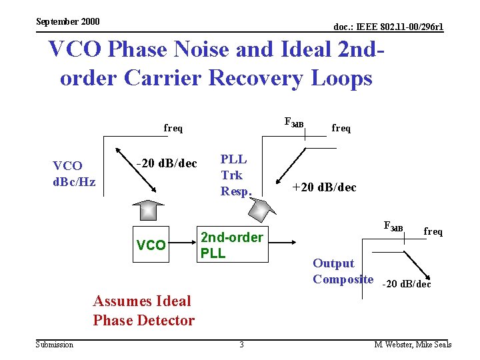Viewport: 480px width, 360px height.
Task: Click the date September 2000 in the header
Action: click(x=67, y=21)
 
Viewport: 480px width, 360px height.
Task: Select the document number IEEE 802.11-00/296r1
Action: click(x=388, y=27)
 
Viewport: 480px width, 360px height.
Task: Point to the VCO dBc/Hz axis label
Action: click(x=74, y=173)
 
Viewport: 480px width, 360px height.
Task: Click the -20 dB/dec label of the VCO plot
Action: click(x=167, y=163)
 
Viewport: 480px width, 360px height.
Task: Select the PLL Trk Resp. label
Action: click(x=236, y=175)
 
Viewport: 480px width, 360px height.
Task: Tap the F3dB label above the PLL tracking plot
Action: click(x=293, y=123)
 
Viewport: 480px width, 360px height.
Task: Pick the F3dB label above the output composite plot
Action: click(x=393, y=227)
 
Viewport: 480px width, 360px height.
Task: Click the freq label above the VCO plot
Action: click(x=173, y=128)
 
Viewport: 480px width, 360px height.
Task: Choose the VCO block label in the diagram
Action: click(x=151, y=245)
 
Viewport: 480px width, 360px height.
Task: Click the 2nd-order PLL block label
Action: click(x=231, y=245)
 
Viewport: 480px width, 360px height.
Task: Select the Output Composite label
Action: click(x=343, y=271)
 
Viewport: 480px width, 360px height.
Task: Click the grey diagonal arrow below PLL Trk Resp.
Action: click(x=260, y=209)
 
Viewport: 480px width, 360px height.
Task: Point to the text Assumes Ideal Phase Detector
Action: click(x=143, y=311)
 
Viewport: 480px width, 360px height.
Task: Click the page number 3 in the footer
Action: click(x=241, y=345)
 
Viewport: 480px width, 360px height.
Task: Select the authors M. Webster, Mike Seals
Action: click(x=413, y=345)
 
